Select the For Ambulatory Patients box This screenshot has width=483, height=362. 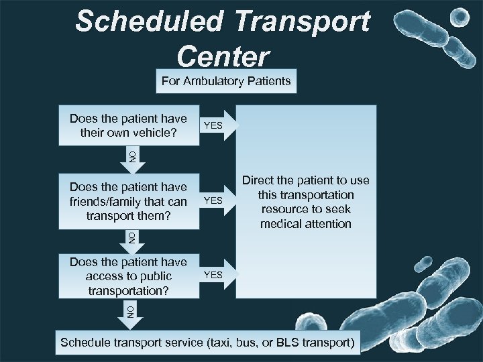tap(226, 82)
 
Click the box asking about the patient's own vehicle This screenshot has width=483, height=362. tap(128, 125)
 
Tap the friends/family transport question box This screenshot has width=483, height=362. tap(128, 201)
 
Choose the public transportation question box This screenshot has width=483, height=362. tap(128, 276)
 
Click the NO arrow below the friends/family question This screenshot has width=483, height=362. tap(132, 237)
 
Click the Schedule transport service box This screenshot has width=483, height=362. tap(207, 342)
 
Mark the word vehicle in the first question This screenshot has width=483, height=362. tap(155, 132)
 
